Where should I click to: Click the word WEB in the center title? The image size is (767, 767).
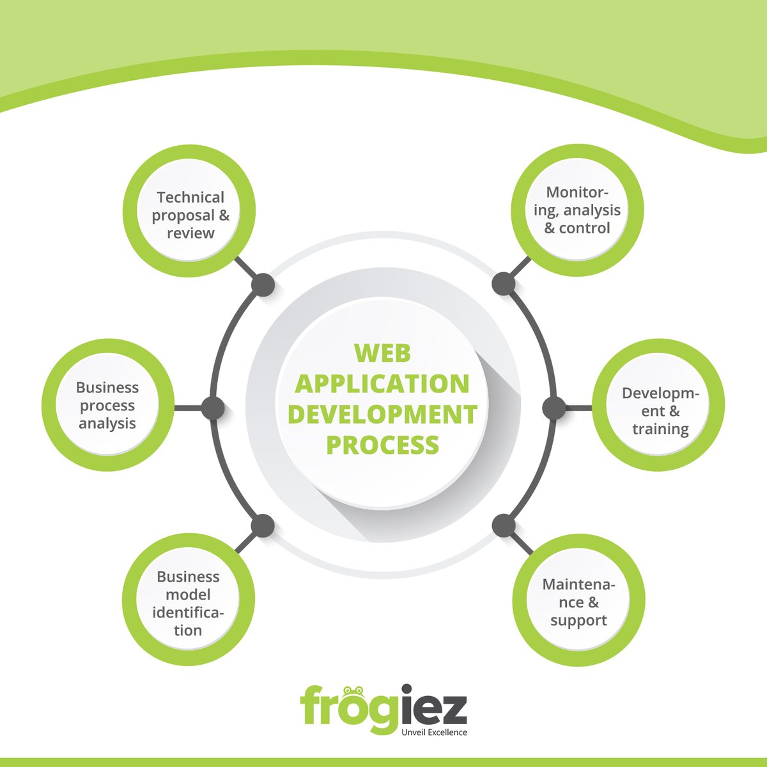(x=382, y=353)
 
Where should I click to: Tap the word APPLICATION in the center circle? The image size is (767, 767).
(x=382, y=383)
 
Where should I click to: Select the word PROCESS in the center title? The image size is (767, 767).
(x=382, y=444)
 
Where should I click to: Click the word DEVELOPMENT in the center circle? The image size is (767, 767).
(x=382, y=414)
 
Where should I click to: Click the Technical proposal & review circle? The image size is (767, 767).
(x=189, y=214)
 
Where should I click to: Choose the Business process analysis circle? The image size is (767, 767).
(x=108, y=405)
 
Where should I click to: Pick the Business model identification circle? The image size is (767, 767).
(x=188, y=603)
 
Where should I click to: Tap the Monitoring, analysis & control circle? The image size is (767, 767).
(x=577, y=210)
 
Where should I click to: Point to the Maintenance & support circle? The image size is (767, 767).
(x=578, y=602)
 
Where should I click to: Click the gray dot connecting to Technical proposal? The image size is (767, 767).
(x=263, y=285)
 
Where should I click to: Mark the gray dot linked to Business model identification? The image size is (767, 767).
(x=262, y=525)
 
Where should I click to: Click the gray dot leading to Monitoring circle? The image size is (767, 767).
(x=504, y=284)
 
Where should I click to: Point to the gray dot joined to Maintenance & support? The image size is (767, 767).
(x=504, y=526)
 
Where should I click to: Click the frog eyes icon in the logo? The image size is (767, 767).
(x=353, y=692)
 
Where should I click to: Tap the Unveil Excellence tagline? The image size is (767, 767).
(x=433, y=732)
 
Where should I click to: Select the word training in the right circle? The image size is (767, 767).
(x=660, y=429)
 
